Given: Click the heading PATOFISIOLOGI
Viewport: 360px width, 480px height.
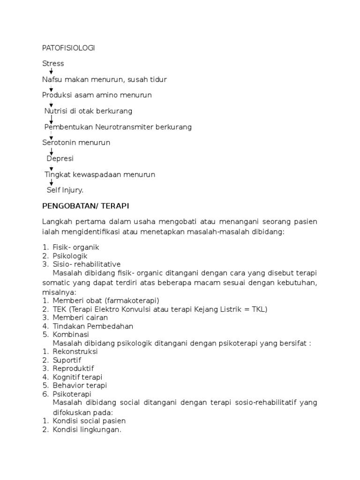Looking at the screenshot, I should [68, 48].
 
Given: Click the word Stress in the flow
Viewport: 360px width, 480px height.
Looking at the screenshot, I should [53, 63].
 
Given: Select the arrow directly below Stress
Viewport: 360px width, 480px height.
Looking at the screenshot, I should [51, 71].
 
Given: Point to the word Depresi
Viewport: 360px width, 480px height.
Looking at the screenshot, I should [60, 158].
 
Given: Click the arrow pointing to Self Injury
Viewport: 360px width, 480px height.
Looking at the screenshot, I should [51, 182].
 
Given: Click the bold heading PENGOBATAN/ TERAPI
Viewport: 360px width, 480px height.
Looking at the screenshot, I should [85, 206].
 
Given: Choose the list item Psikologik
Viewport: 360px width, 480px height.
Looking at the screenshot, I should [70, 255].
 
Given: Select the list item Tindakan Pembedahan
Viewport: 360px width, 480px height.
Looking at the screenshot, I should [93, 326].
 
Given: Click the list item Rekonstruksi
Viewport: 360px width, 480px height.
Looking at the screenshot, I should [75, 352].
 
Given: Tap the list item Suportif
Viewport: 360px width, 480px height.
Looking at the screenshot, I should [67, 360].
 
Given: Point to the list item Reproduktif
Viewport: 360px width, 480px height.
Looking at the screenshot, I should [73, 368].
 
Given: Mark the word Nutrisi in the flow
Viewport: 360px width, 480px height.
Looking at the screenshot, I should [57, 111].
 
